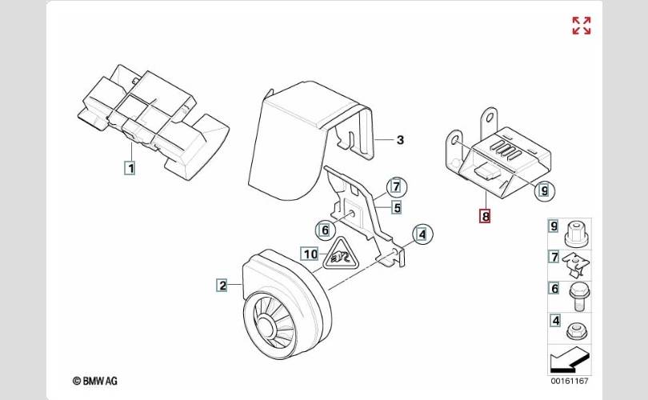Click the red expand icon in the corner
(x=582, y=26)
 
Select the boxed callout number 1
(x=130, y=168)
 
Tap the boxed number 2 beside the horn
(x=222, y=285)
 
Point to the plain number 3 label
(x=400, y=140)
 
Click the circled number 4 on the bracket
(x=422, y=234)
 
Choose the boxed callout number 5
(x=397, y=207)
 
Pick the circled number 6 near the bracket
(x=326, y=230)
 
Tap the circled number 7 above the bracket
(x=397, y=186)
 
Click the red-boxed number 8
(x=485, y=216)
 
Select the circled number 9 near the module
(x=545, y=190)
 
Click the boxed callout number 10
(x=310, y=254)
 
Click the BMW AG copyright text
(x=95, y=381)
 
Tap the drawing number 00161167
(x=569, y=381)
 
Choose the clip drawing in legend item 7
(x=576, y=265)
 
